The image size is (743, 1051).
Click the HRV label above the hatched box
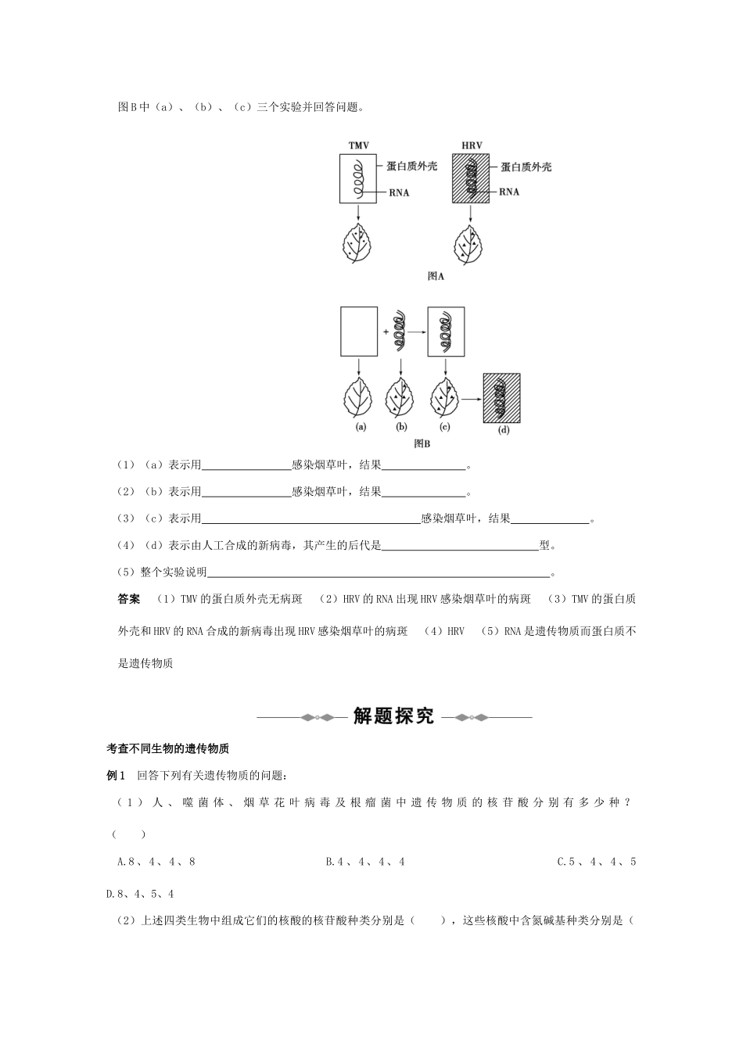[472, 145]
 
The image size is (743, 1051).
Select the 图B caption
[422, 443]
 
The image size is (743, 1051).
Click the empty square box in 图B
[359, 332]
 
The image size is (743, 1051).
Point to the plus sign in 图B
[386, 332]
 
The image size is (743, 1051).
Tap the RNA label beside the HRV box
[509, 192]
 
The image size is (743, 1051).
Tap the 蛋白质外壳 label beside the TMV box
[411, 167]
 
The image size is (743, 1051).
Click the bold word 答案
[129, 599]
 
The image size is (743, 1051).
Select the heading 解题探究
[393, 716]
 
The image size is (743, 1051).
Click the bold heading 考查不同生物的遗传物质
[167, 748]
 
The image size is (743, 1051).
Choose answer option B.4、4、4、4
[365, 862]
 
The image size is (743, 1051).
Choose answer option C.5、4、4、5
[597, 862]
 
